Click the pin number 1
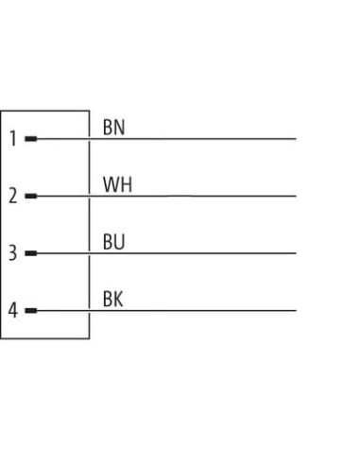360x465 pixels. pos(13,139)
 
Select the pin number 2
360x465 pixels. pos(12,196)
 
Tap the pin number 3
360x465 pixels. pos(12,252)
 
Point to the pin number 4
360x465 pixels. pos(12,310)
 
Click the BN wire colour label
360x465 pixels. pos(113,128)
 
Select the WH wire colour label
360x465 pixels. pos(117,184)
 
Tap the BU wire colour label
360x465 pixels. pos(113,242)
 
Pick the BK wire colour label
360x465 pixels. pos(112,299)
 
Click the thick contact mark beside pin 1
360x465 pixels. pos(31,139)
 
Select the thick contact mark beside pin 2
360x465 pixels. pos(31,196)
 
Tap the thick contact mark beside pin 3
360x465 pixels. pos(31,253)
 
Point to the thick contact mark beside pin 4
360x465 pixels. pos(31,310)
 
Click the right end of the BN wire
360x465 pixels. pos(296,139)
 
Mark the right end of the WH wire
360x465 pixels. pos(296,196)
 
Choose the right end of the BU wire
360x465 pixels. pos(296,253)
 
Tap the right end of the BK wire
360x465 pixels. pos(296,310)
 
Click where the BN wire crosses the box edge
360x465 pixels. pos(90,139)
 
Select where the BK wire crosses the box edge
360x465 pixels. pos(90,310)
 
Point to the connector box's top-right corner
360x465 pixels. pos(90,111)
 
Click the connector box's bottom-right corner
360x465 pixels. pos(90,338)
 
